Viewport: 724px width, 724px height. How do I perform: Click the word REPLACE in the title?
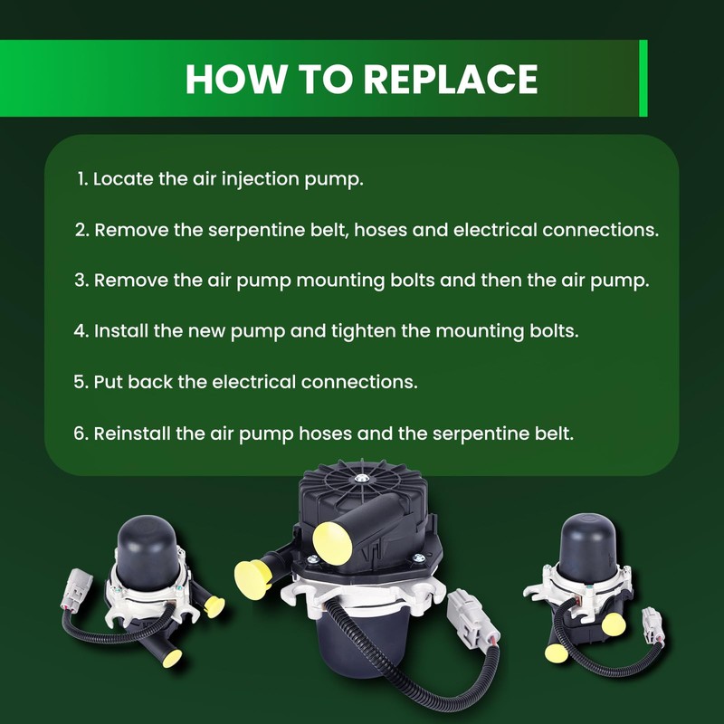pos(451,80)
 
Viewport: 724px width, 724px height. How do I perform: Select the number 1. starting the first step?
pos(82,179)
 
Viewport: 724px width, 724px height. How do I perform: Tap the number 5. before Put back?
pos(81,382)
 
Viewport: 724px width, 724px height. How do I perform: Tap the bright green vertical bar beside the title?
pos(643,78)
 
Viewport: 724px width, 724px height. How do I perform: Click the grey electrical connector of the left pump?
pos(76,589)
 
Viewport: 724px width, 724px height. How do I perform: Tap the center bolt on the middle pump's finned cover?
pos(361,479)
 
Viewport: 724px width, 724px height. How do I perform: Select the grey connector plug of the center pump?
pos(472,617)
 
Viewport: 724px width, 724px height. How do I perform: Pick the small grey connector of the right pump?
pos(653,624)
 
